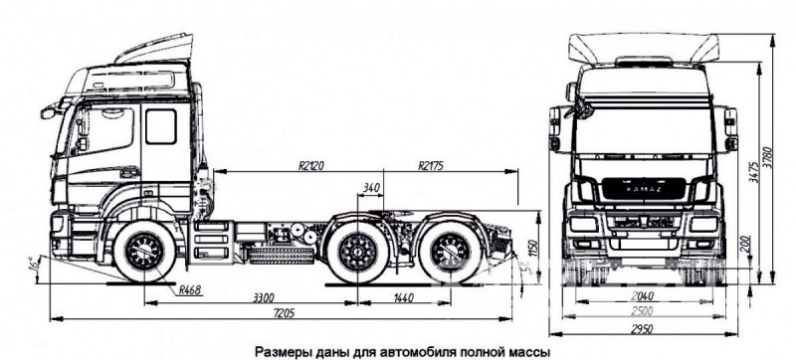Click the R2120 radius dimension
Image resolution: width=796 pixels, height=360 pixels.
[x=315, y=165]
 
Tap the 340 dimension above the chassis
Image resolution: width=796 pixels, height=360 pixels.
[x=373, y=187]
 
